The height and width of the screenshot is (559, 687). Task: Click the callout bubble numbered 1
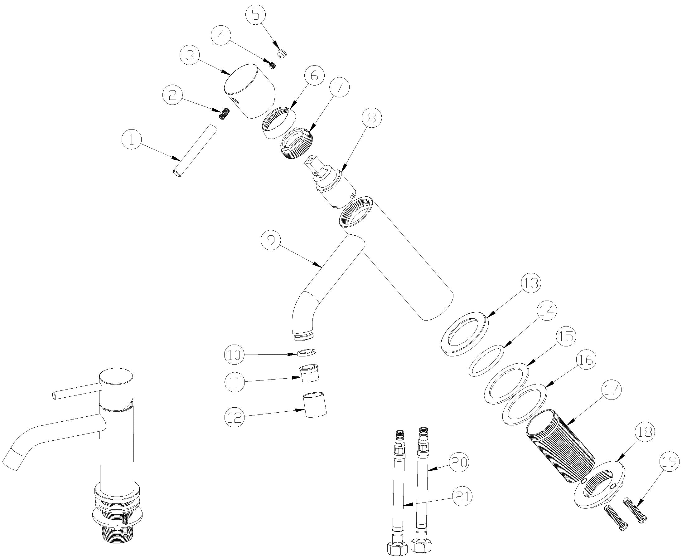coord(131,140)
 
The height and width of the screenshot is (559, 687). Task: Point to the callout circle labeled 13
coord(531,283)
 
